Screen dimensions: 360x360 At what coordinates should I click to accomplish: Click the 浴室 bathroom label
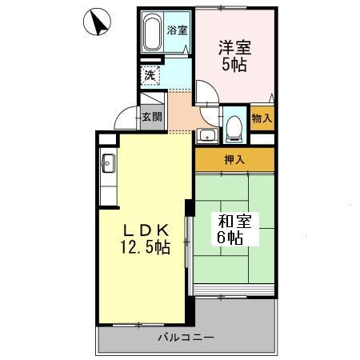(x=178, y=30)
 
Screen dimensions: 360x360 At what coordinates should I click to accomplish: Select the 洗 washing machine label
(x=150, y=77)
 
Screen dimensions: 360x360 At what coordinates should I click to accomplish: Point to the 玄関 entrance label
(x=152, y=116)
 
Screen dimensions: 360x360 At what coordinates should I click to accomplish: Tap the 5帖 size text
(x=235, y=65)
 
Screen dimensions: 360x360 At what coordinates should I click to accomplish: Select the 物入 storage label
(x=262, y=118)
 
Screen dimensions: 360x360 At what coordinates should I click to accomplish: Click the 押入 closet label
(x=234, y=160)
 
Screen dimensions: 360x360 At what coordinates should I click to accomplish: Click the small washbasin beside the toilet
(x=206, y=134)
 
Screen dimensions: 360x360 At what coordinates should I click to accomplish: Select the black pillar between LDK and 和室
(x=190, y=209)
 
